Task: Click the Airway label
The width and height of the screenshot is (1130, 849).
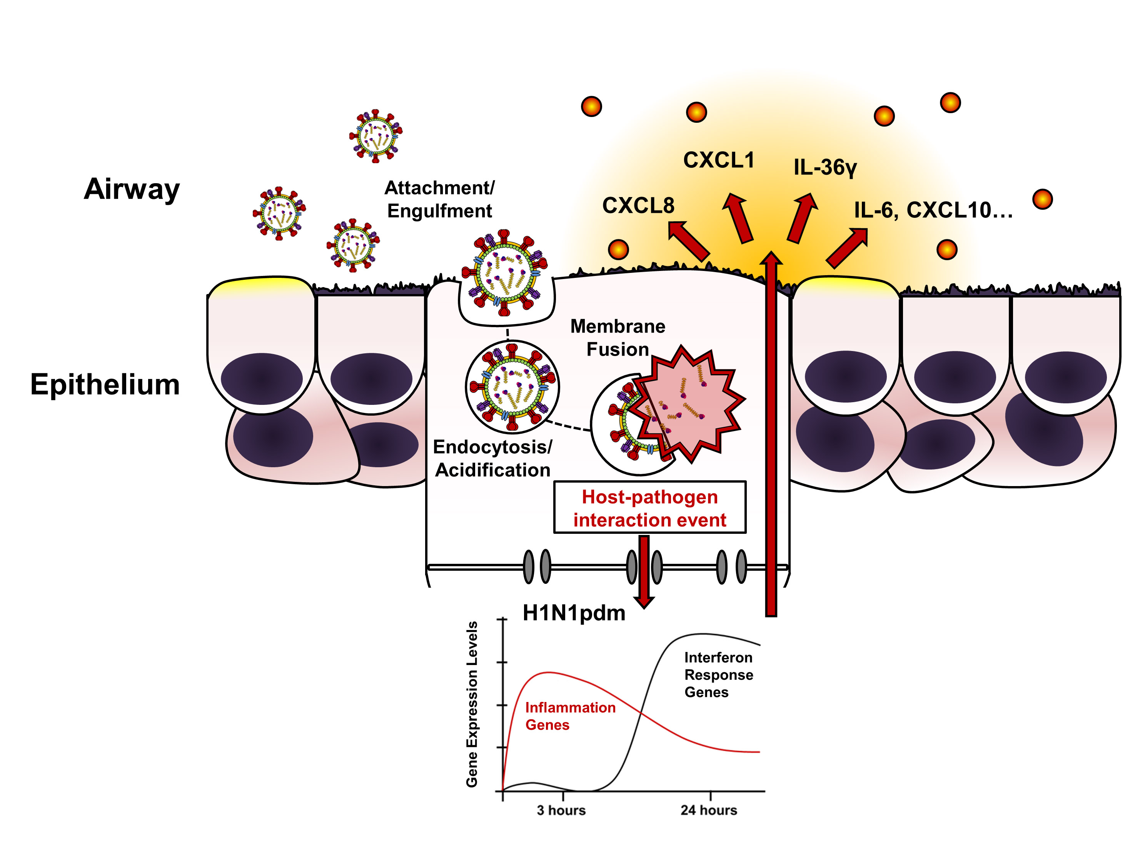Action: click(x=132, y=189)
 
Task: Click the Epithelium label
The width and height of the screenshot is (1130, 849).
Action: click(x=105, y=384)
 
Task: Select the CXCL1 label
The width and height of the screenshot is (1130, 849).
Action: click(x=719, y=160)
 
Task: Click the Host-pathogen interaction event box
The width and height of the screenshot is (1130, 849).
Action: click(x=650, y=508)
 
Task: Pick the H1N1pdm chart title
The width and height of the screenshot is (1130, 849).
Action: click(x=574, y=613)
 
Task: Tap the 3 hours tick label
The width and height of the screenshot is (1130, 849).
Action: click(x=561, y=810)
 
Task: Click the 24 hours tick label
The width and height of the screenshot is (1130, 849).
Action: click(x=709, y=810)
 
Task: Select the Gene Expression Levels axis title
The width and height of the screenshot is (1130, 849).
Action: click(x=472, y=704)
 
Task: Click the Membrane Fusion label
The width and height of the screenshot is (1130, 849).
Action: click(x=618, y=338)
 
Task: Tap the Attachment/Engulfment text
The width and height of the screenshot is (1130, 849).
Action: click(x=439, y=199)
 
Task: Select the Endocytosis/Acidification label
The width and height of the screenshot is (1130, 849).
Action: click(x=492, y=458)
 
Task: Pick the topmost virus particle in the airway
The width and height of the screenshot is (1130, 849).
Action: click(x=376, y=136)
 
